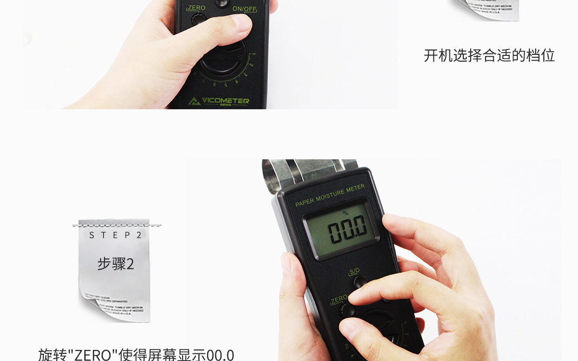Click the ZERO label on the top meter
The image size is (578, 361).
click(x=197, y=8)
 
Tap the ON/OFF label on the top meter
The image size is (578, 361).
click(x=244, y=9)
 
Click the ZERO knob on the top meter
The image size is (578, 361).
click(x=197, y=20)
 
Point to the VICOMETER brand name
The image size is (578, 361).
click(x=225, y=101)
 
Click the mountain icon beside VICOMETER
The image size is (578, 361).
click(x=194, y=101)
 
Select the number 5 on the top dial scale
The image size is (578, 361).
click(x=225, y=85)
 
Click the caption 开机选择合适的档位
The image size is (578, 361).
click(x=489, y=55)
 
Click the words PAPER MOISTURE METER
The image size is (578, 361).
click(x=330, y=195)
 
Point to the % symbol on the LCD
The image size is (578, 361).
click(x=345, y=213)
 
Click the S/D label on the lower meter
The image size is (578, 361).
click(x=354, y=271)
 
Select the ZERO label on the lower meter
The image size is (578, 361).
click(x=338, y=299)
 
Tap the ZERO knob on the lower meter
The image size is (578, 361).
click(x=345, y=310)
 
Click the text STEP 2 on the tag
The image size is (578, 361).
click(x=116, y=235)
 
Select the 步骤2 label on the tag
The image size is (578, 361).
click(x=116, y=264)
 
